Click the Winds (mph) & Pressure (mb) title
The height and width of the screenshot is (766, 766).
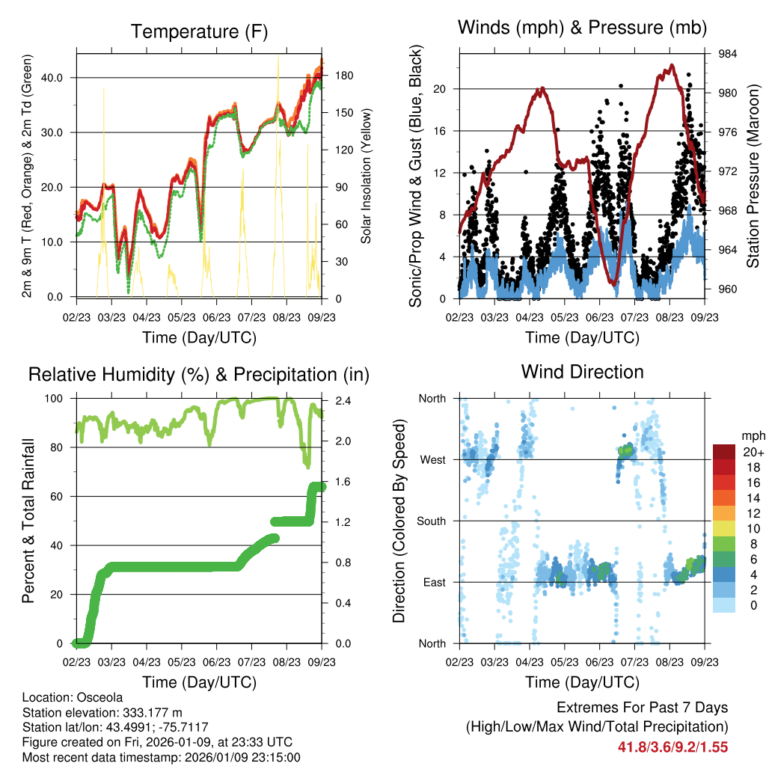point(582,28)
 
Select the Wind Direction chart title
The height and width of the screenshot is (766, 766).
point(582,371)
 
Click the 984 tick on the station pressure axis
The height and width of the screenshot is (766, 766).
point(729,54)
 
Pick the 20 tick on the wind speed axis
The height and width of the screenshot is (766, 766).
point(440,89)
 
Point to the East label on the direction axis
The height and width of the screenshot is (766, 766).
point(433,582)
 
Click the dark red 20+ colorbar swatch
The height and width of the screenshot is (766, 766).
point(725,452)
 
